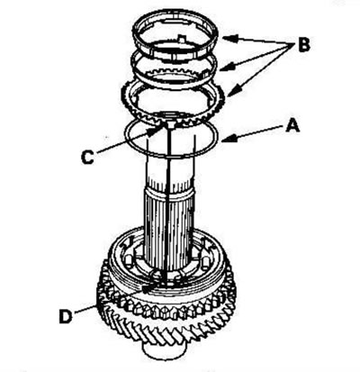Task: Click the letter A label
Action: pos(292,125)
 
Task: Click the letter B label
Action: pos(303,45)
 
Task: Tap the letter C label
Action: pos(87,157)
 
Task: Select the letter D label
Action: pos(66,316)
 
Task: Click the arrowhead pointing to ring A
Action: pos(229,139)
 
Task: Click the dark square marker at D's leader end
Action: pos(146,289)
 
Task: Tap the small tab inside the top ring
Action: pos(180,39)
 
